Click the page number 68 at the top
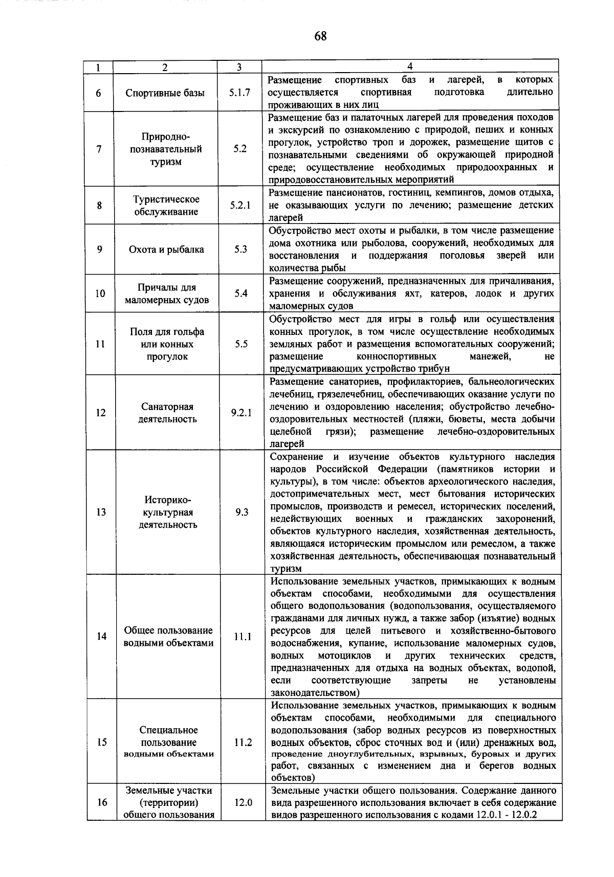click(320, 36)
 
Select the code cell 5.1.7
click(239, 93)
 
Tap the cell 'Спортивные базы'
click(165, 93)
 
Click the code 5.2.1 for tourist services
click(239, 206)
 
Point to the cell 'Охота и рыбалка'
click(166, 250)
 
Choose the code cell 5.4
click(240, 294)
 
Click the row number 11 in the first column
click(100, 344)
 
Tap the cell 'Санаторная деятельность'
click(167, 413)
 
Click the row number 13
click(101, 512)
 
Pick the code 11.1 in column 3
click(243, 637)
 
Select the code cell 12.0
click(243, 802)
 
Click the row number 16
click(102, 802)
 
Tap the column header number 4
click(410, 66)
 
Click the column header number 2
click(165, 67)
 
